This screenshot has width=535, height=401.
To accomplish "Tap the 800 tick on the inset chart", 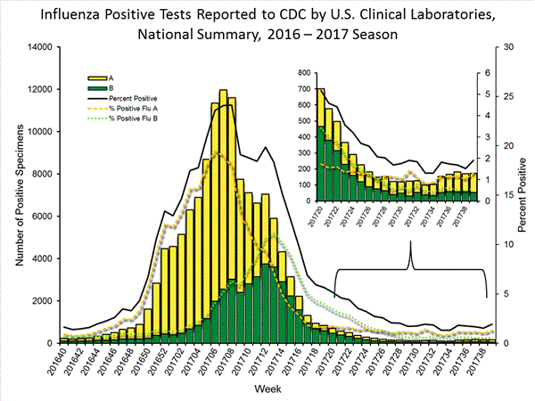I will pyautogui.click(x=302, y=72).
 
